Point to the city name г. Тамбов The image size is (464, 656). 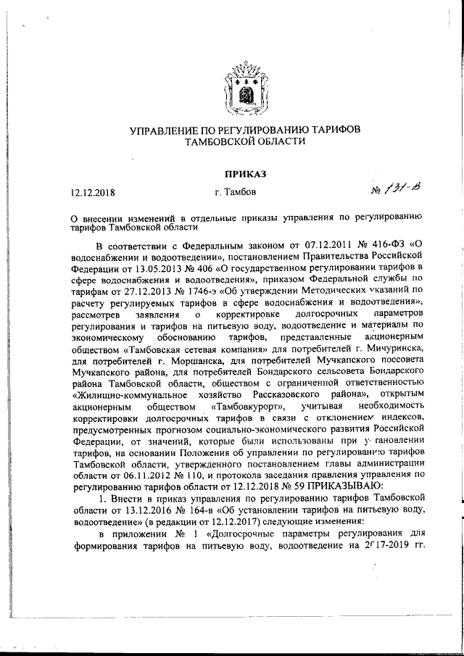[x=235, y=193]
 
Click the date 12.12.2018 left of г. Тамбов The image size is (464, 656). [x=92, y=193]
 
